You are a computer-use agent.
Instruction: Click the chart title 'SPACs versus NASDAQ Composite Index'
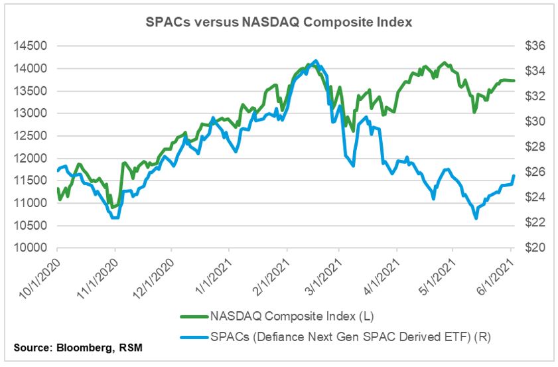tap(279, 22)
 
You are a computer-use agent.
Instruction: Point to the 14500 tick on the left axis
tap(29, 46)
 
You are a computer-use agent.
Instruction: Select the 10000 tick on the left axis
tap(29, 248)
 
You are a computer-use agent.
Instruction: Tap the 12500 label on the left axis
tap(29, 135)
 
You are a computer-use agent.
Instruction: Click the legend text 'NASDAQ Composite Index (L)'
tap(277, 316)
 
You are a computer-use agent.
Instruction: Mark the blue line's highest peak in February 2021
tap(315, 60)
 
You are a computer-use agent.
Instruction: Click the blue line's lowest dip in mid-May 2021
tap(476, 218)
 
